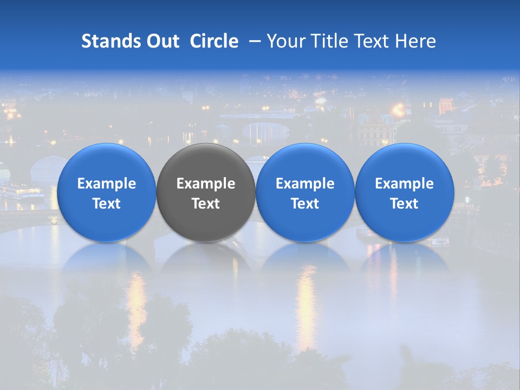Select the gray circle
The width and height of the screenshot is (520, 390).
206,192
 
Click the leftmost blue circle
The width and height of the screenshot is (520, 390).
107,192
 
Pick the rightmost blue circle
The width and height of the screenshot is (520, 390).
405,192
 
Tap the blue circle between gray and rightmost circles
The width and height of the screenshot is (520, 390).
305,192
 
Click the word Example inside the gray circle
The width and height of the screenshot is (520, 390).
206,184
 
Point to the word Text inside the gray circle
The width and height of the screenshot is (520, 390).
206,204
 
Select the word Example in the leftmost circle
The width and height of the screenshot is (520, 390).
107,184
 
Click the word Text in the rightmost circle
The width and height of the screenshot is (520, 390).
405,204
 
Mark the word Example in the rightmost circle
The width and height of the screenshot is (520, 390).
405,184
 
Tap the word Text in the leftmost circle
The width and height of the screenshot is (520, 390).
107,204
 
